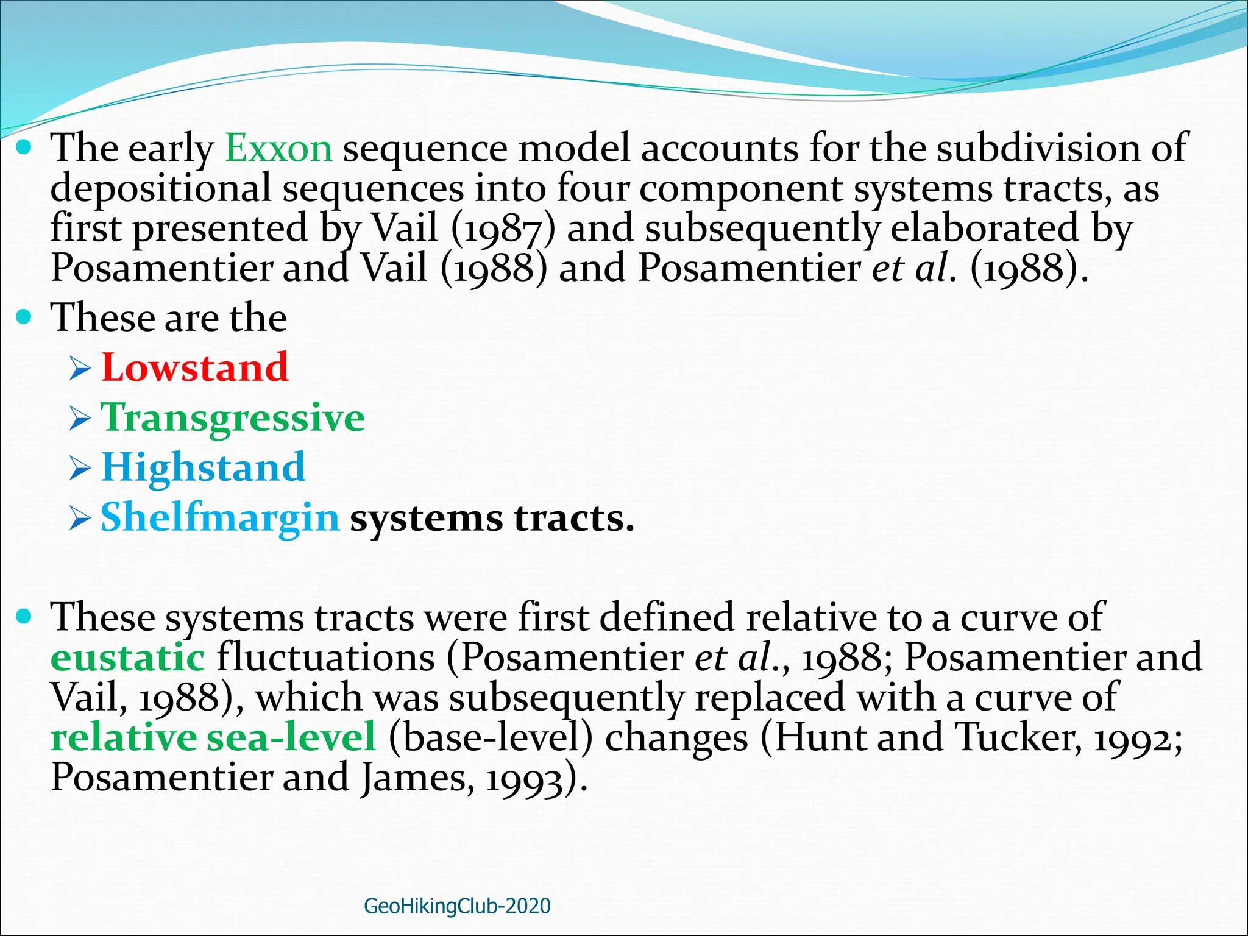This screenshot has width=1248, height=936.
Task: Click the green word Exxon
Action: pyautogui.click(x=278, y=148)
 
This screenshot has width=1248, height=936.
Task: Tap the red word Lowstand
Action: pyautogui.click(x=194, y=367)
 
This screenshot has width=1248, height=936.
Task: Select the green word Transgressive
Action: pyautogui.click(x=232, y=419)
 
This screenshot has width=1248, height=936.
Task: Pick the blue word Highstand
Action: pyautogui.click(x=203, y=467)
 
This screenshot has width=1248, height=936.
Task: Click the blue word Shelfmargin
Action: pyautogui.click(x=219, y=518)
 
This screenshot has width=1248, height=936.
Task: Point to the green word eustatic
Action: pyautogui.click(x=127, y=658)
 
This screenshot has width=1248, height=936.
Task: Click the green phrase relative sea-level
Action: pyautogui.click(x=213, y=737)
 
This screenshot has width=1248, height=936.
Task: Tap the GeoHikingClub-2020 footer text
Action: pyautogui.click(x=457, y=906)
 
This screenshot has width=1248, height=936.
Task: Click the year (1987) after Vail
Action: pyautogui.click(x=503, y=229)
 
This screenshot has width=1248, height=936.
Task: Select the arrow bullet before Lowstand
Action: pyautogui.click(x=80, y=369)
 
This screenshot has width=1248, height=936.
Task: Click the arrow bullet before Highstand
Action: pyautogui.click(x=80, y=469)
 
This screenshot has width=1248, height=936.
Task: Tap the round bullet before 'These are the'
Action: pyautogui.click(x=24, y=317)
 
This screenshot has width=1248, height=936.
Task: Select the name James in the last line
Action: pyautogui.click(x=414, y=778)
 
